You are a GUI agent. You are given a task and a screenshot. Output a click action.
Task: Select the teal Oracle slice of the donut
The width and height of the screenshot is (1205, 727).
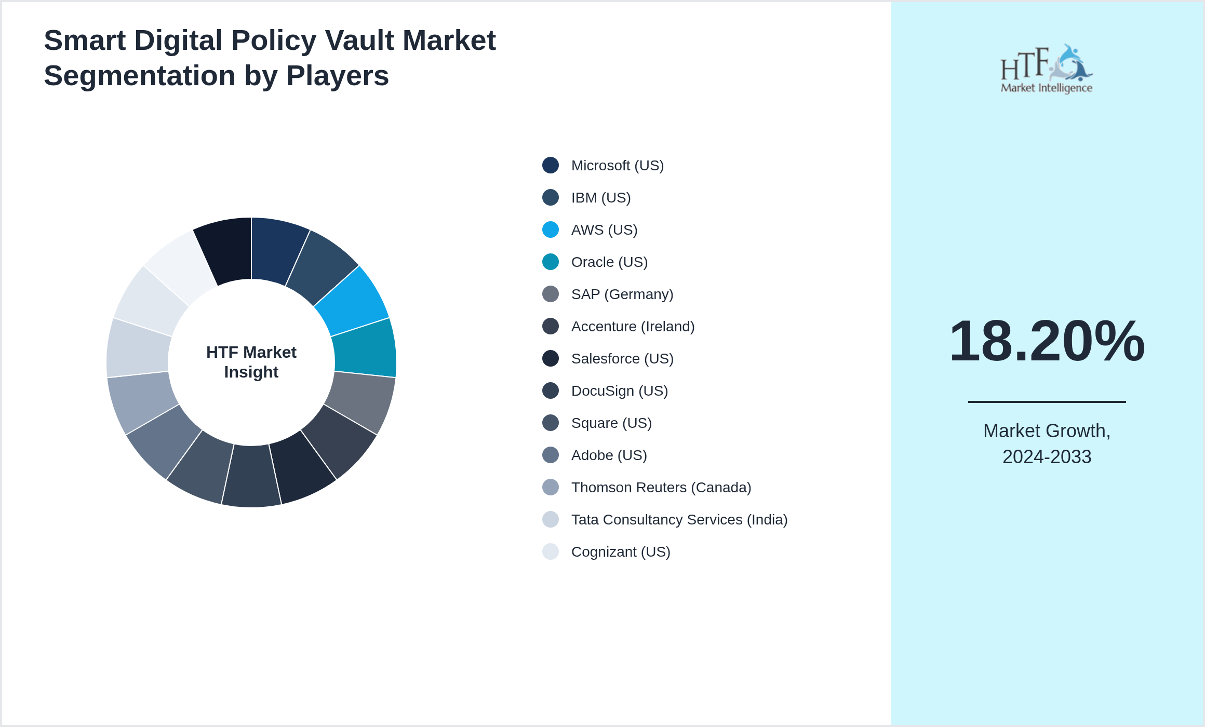click(365, 347)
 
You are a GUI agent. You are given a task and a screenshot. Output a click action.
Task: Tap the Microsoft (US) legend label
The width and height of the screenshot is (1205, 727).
click(617, 166)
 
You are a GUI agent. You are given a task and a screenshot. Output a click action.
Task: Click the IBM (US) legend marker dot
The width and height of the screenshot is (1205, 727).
click(551, 198)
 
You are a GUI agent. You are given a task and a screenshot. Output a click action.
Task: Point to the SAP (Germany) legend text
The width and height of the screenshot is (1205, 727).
click(622, 294)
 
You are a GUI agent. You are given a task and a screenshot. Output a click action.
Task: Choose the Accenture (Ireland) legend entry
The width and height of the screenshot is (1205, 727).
click(633, 327)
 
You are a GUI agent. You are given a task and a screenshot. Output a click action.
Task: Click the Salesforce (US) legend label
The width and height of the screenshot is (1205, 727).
click(622, 359)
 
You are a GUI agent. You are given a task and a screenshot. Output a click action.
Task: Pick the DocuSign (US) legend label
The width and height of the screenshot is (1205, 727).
click(619, 391)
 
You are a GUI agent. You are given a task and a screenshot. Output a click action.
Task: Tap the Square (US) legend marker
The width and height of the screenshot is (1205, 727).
click(551, 423)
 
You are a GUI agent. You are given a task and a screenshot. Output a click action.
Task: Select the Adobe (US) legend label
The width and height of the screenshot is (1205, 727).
click(609, 455)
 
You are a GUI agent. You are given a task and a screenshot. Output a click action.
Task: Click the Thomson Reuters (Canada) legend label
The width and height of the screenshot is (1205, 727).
click(661, 488)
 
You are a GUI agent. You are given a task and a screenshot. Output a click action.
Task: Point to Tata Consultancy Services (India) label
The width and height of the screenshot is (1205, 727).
click(679, 520)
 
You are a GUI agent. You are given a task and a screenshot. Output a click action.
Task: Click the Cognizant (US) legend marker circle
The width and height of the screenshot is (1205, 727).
click(551, 552)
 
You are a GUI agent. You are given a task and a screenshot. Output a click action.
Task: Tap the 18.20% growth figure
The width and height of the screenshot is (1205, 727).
click(1047, 341)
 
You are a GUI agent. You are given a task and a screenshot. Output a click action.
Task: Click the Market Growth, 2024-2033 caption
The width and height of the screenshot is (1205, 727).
click(1047, 444)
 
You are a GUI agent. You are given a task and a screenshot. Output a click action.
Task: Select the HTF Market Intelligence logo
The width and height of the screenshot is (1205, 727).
click(1047, 69)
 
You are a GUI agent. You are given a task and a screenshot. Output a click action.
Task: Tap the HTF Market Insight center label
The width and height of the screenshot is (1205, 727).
click(251, 362)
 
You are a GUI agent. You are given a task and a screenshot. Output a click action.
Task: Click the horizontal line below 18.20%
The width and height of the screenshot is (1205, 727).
click(1047, 402)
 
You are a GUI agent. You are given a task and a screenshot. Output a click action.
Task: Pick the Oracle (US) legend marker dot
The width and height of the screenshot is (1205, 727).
click(551, 262)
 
